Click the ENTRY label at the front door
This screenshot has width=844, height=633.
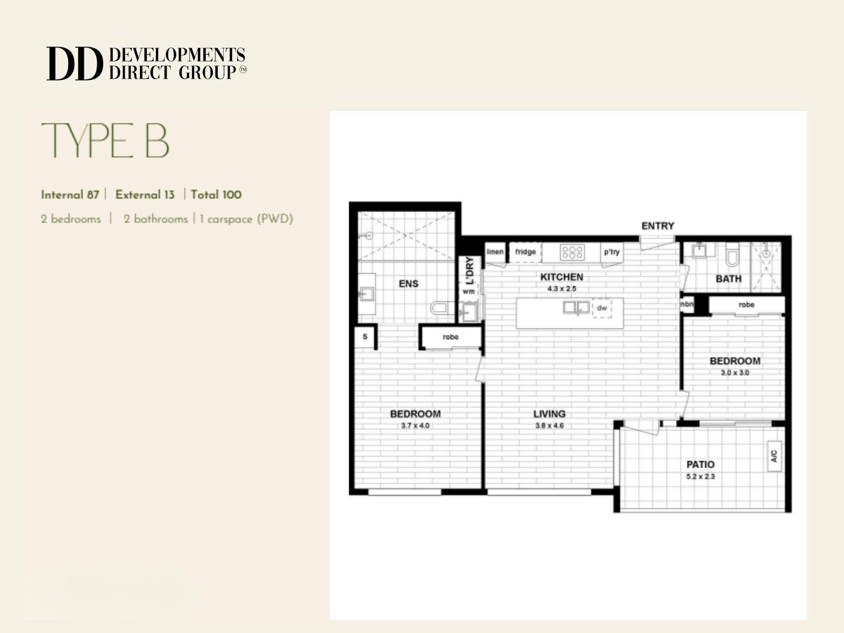(657, 226)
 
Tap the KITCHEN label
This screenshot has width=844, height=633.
(561, 277)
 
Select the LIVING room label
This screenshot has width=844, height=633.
(549, 414)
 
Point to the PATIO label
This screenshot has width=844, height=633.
(701, 465)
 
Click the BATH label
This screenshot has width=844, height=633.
(729, 279)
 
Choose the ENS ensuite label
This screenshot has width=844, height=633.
(408, 284)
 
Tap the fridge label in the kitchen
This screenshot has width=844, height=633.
(526, 252)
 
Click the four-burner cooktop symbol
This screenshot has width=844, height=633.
(572, 252)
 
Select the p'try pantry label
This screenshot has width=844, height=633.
(612, 252)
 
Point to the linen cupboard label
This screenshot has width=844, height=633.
(495, 252)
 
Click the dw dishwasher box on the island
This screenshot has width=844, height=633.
(602, 308)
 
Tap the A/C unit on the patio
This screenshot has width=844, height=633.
(774, 456)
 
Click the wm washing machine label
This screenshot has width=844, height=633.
(469, 291)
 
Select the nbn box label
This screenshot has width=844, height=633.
(687, 305)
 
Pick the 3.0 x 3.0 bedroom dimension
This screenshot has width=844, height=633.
(735, 373)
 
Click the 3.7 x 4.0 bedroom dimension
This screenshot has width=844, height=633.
(415, 426)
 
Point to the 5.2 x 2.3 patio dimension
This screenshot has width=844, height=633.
(701, 477)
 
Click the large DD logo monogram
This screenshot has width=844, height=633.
(74, 64)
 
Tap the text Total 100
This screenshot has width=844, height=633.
(216, 195)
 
